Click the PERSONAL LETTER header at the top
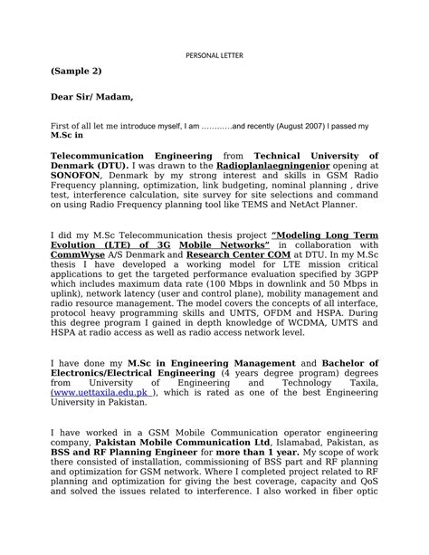pos(215,54)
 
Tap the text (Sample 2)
pos(76,71)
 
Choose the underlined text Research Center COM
pos(229,256)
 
